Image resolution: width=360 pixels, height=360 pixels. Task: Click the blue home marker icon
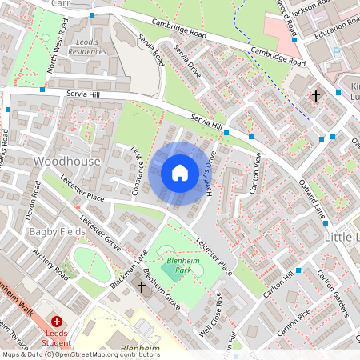179,173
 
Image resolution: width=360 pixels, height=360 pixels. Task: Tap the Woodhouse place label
67,161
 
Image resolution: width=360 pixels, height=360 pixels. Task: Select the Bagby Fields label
57,231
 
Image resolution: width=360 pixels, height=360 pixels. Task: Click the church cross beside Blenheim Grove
142,286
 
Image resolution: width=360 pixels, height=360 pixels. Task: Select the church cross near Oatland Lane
315,97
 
